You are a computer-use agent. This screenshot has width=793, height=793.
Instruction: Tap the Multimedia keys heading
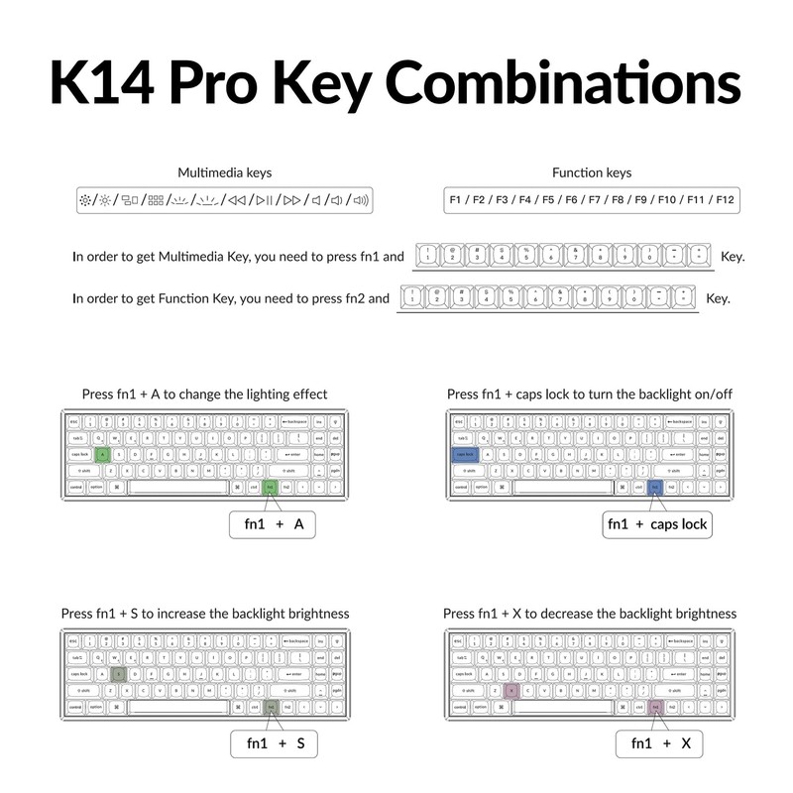[224, 172]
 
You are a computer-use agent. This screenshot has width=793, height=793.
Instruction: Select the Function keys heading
[592, 172]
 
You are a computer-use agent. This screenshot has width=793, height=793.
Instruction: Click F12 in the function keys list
[725, 200]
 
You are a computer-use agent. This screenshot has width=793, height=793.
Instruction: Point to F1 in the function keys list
[457, 200]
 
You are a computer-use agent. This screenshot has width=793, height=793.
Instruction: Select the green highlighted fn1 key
[270, 488]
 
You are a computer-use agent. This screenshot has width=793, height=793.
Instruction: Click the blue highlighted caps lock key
[464, 454]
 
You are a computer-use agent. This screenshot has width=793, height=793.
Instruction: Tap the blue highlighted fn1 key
[654, 488]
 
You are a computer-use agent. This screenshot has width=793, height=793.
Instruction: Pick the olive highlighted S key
[118, 673]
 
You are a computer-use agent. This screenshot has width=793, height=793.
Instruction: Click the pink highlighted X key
[510, 690]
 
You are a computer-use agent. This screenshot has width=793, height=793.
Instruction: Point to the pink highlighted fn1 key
[655, 707]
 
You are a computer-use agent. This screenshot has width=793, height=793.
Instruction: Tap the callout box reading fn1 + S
[275, 742]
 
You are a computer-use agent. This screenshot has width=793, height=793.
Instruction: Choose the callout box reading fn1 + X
[659, 742]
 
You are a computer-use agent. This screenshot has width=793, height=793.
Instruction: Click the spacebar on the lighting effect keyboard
[178, 488]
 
